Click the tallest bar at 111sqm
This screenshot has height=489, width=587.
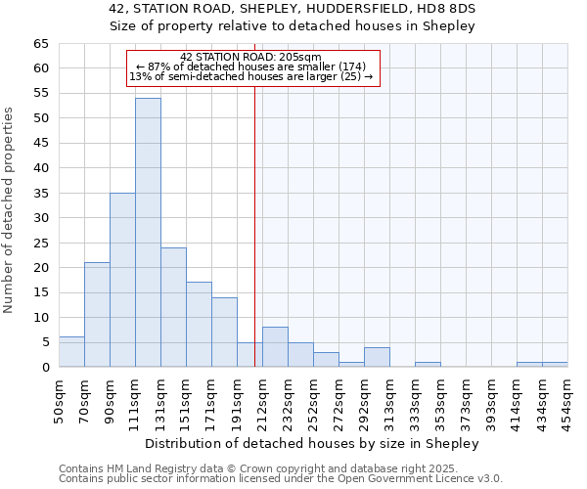coord(148,233)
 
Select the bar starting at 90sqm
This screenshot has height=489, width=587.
coord(122,280)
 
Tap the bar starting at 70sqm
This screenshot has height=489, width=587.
coord(97,315)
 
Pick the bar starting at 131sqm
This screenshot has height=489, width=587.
coord(173,307)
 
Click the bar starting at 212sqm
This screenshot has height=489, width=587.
coord(275,347)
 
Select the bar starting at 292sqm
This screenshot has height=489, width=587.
coord(377,357)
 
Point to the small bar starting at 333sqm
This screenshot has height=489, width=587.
coord(428,365)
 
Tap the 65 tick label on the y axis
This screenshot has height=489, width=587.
coord(41,44)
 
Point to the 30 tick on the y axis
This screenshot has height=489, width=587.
coord(41,218)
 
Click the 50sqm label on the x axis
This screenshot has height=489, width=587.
coord(59,399)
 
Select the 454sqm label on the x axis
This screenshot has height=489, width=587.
coord(567,399)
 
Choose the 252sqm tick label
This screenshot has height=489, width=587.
coord(313,399)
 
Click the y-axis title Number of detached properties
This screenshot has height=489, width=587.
coord(10,209)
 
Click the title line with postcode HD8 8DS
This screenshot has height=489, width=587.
coord(305,9)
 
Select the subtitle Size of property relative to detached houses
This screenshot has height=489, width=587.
coord(305,26)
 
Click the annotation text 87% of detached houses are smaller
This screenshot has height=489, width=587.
coord(251,67)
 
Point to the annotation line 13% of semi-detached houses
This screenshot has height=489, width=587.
coord(251,76)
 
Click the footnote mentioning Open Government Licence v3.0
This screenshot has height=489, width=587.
coord(281,479)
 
